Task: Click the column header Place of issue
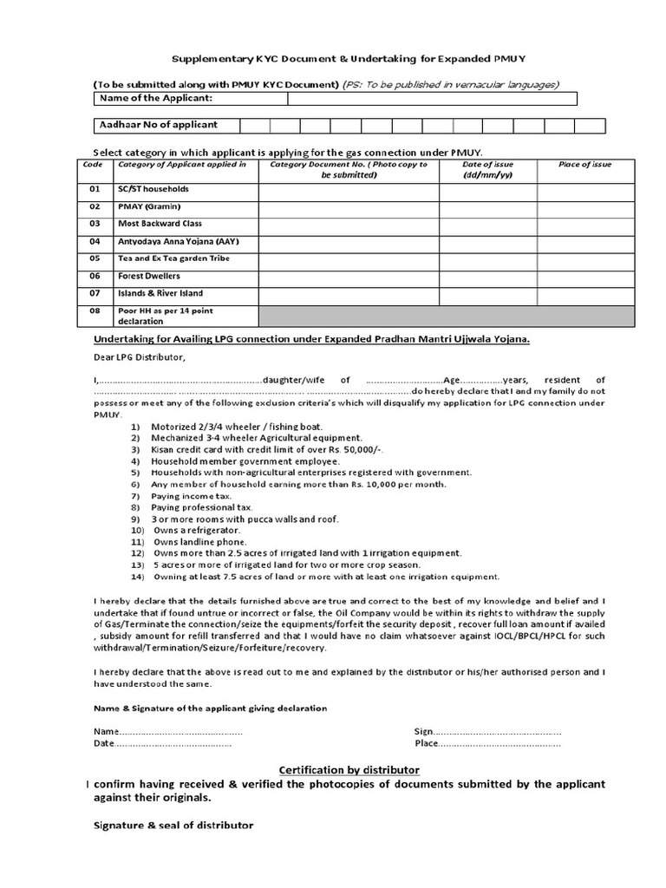[x=586, y=164]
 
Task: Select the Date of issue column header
[x=487, y=169]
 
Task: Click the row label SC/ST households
[x=153, y=189]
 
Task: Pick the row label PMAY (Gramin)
[x=147, y=207]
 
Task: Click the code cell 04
[x=95, y=242]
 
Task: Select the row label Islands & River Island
[x=160, y=293]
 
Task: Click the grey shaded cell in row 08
[x=447, y=315]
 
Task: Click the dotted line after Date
[x=173, y=744]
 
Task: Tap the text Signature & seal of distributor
[x=173, y=826]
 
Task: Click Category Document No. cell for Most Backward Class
[x=349, y=225]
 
